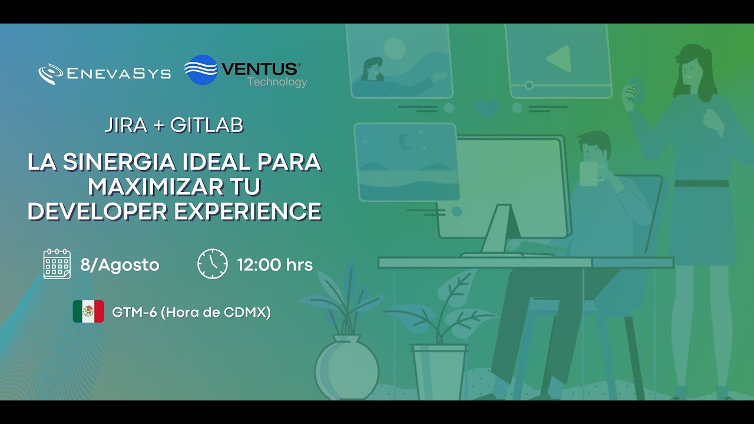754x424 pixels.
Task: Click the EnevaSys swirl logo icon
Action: (x=51, y=74)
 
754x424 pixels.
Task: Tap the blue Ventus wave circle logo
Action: (x=201, y=70)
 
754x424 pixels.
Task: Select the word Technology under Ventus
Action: (x=277, y=82)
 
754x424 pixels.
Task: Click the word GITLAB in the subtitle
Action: (x=207, y=125)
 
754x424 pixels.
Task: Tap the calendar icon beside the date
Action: (x=57, y=264)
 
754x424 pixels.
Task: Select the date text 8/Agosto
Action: (x=120, y=265)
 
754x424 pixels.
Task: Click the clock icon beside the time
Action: (x=212, y=264)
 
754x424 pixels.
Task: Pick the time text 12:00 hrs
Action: (x=275, y=265)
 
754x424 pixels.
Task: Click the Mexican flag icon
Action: (x=88, y=312)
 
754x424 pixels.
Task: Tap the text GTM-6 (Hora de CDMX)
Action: (x=191, y=313)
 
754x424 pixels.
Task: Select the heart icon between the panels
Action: (x=486, y=108)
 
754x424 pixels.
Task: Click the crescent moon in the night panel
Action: (x=406, y=141)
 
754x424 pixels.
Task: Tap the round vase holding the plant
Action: (x=346, y=370)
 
